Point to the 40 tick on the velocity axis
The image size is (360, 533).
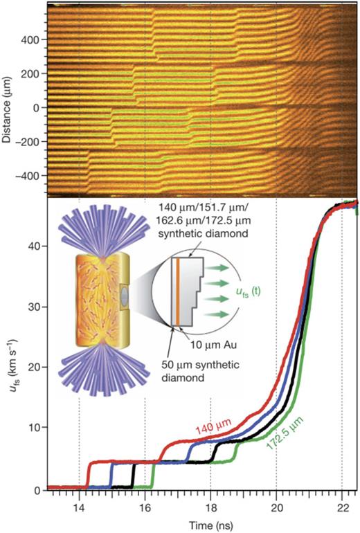point(34,246)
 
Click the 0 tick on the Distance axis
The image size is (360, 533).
point(36,108)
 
